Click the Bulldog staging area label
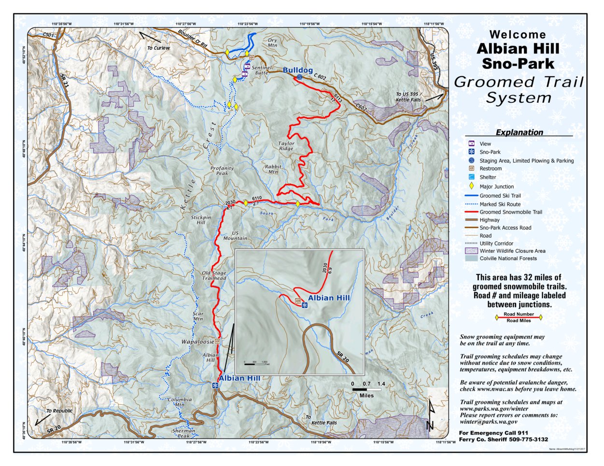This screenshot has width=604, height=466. coord(297,70)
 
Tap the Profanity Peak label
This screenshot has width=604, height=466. coord(222,171)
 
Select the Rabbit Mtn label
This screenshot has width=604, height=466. coord(273,169)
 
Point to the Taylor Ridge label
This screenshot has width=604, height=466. coord(286,146)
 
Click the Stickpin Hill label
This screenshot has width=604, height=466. coord(201,220)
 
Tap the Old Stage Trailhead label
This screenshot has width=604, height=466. coord(214,276)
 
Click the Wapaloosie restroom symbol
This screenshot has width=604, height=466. coord(218,341)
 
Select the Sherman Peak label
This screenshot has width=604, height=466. coord(183,433)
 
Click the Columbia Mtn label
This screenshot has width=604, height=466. coord(180,402)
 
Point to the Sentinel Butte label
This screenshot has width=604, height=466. coord(262,70)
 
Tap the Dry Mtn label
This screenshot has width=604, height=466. coord(272,43)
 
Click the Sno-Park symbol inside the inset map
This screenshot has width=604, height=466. coord(304,306)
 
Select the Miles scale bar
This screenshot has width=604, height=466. coord(366,389)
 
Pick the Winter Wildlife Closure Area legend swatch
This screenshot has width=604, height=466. coord(471,251)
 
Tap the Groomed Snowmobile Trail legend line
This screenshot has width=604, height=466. coord(471,212)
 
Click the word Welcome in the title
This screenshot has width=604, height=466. coord(518,35)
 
